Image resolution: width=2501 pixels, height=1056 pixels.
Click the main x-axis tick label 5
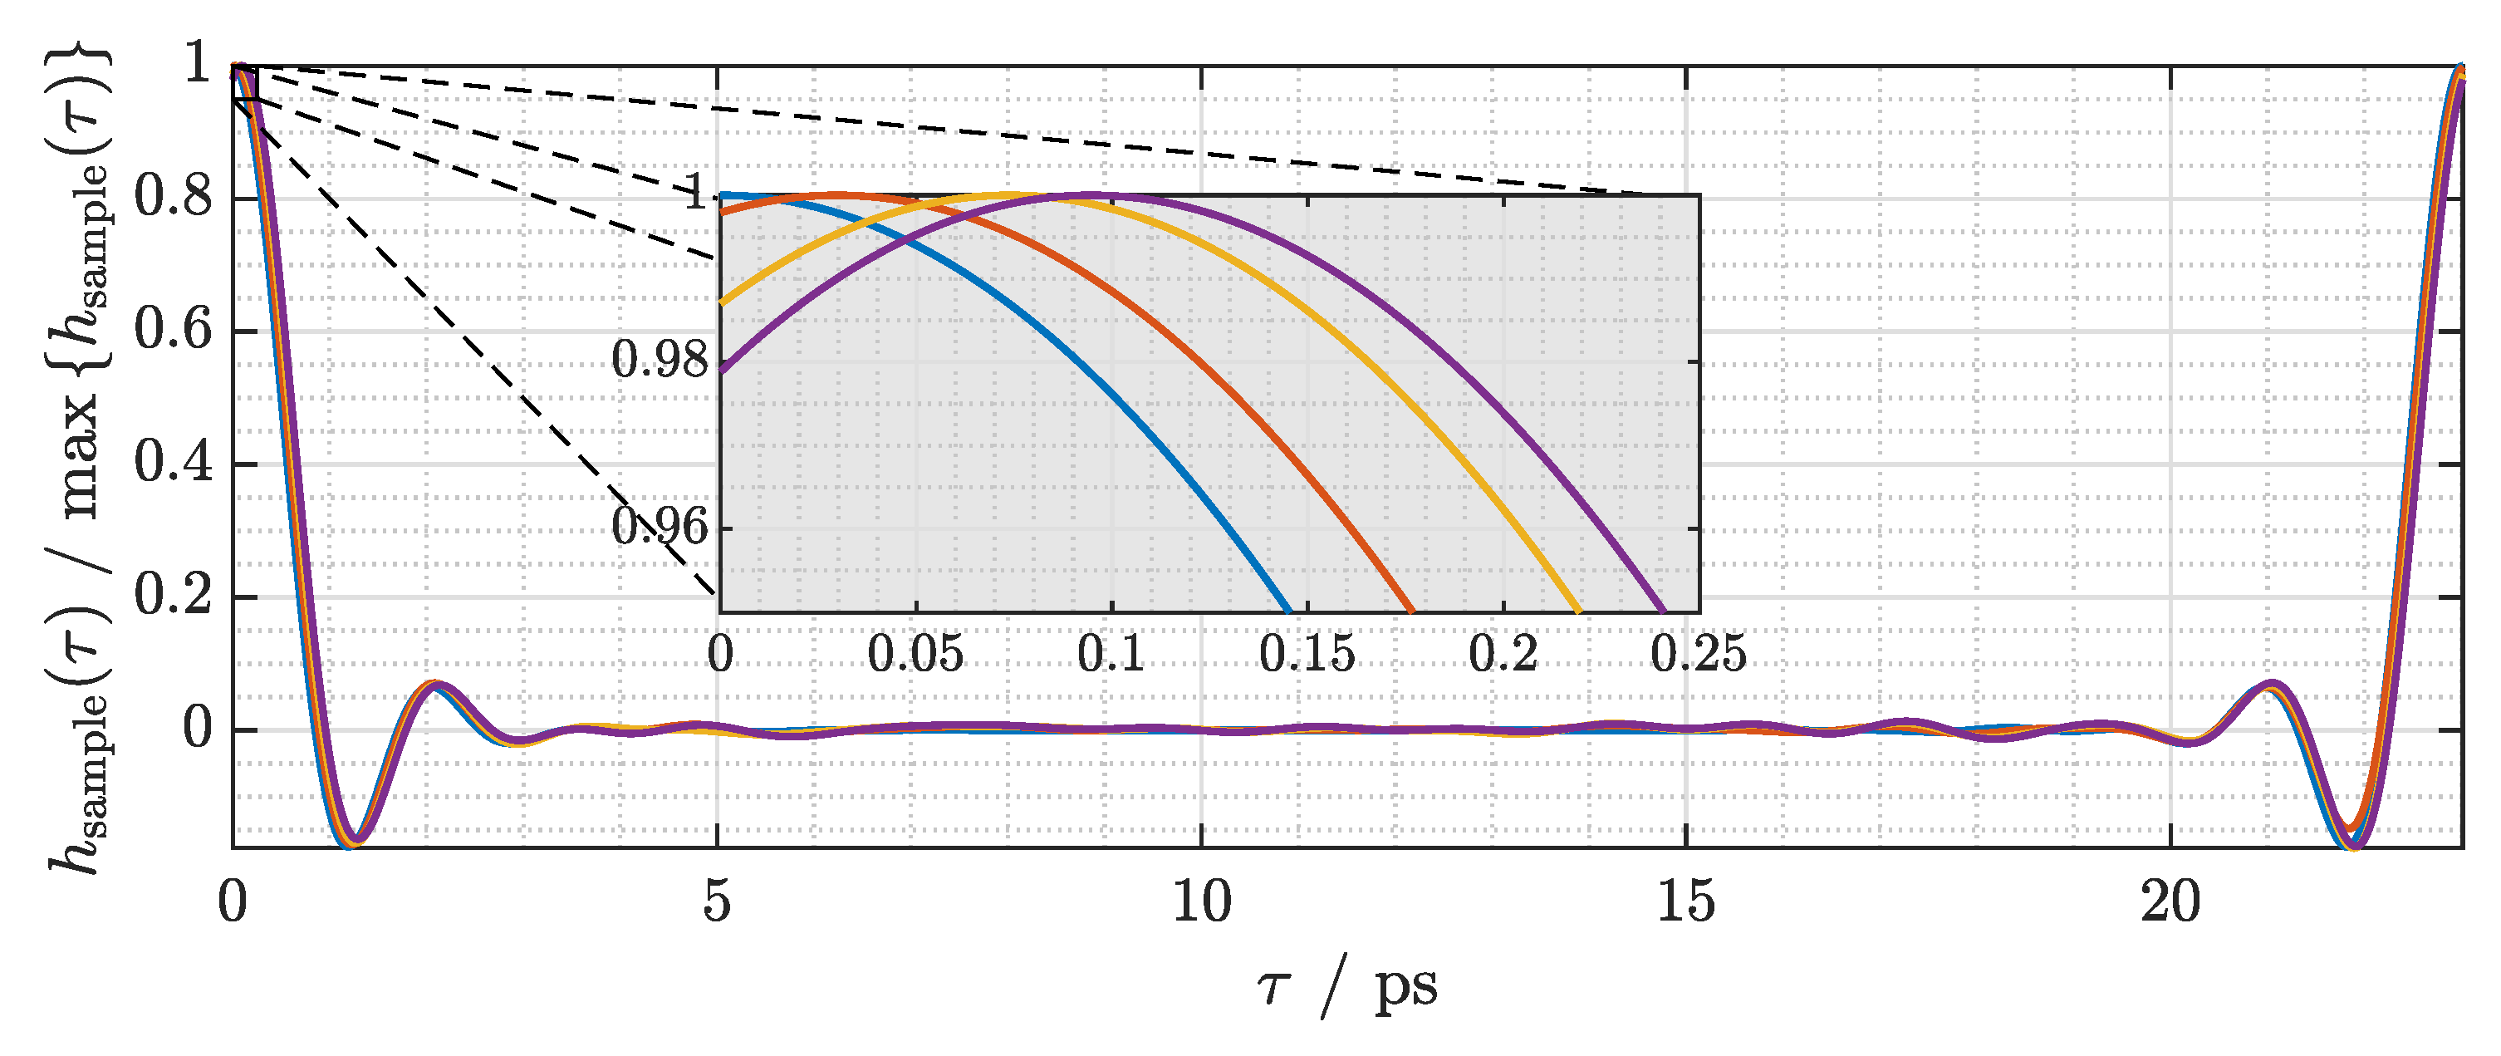[x=717, y=902]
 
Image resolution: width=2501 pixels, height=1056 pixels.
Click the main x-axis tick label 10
[x=1201, y=902]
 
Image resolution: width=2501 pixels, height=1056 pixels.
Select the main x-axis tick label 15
[x=1685, y=902]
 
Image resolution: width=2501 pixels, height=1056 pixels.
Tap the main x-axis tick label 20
[x=2170, y=902]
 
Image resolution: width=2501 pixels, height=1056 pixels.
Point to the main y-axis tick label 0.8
[x=173, y=199]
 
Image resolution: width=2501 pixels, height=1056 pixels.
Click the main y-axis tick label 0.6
[x=173, y=332]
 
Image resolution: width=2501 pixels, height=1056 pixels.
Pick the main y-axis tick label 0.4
[x=173, y=464]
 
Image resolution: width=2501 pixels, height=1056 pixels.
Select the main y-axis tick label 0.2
[x=173, y=596]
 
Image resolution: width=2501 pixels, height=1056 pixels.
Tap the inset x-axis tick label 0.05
[x=915, y=654]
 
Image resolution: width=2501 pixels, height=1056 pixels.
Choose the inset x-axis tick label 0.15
[x=1307, y=654]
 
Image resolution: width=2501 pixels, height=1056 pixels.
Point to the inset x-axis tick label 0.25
[x=1698, y=654]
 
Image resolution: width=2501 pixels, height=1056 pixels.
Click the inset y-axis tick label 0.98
[x=660, y=361]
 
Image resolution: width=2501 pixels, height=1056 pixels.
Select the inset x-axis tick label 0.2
[x=1503, y=654]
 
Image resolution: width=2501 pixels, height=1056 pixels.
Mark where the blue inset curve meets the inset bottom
[x=1288, y=611]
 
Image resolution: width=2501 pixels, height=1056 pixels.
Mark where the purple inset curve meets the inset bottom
[x=1664, y=611]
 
